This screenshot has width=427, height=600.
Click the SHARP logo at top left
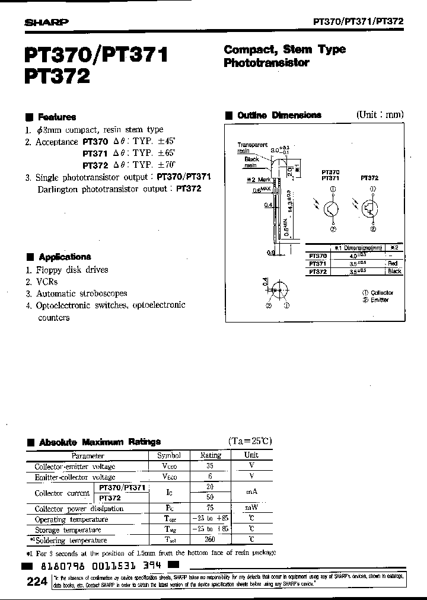click(x=46, y=22)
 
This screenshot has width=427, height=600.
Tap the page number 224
click(x=37, y=582)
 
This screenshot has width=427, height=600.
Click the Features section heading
click(x=56, y=117)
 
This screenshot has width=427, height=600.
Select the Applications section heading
click(x=65, y=257)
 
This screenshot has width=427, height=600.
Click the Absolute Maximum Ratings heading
click(x=100, y=442)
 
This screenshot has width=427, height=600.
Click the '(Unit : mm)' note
click(x=380, y=114)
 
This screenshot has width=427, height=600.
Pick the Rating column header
click(x=211, y=455)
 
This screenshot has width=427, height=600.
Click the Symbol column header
click(x=168, y=455)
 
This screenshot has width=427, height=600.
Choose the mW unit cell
click(x=251, y=508)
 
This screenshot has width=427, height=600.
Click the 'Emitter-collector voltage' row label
click(x=75, y=477)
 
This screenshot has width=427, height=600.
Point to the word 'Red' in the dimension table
click(x=393, y=263)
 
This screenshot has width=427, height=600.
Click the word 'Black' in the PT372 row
click(x=394, y=271)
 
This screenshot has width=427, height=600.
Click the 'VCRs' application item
click(x=49, y=282)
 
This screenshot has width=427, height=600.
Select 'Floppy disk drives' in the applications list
click(x=72, y=270)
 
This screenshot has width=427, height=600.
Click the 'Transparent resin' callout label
click(x=252, y=148)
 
